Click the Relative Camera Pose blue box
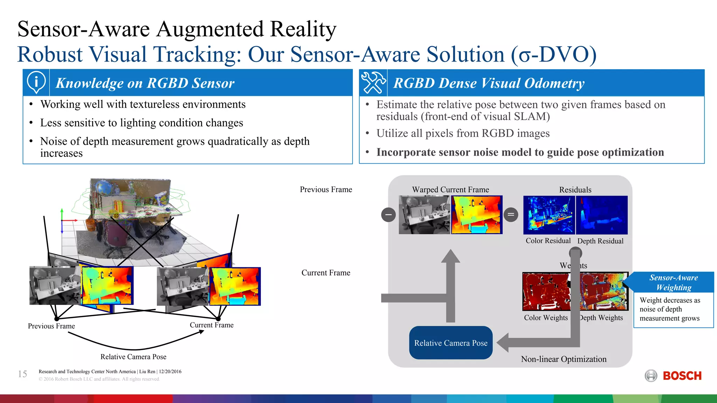451,343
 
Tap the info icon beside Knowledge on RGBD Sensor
36,83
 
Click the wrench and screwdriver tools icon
373,83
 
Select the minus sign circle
388,214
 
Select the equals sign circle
511,214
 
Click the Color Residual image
549,215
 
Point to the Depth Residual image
602,215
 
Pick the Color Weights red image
546,291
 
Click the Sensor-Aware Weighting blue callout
673,282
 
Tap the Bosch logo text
682,376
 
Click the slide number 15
22,374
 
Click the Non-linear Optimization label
564,359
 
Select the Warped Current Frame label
450,190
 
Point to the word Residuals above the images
575,190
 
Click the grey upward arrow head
451,256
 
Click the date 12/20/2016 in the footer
170,372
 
